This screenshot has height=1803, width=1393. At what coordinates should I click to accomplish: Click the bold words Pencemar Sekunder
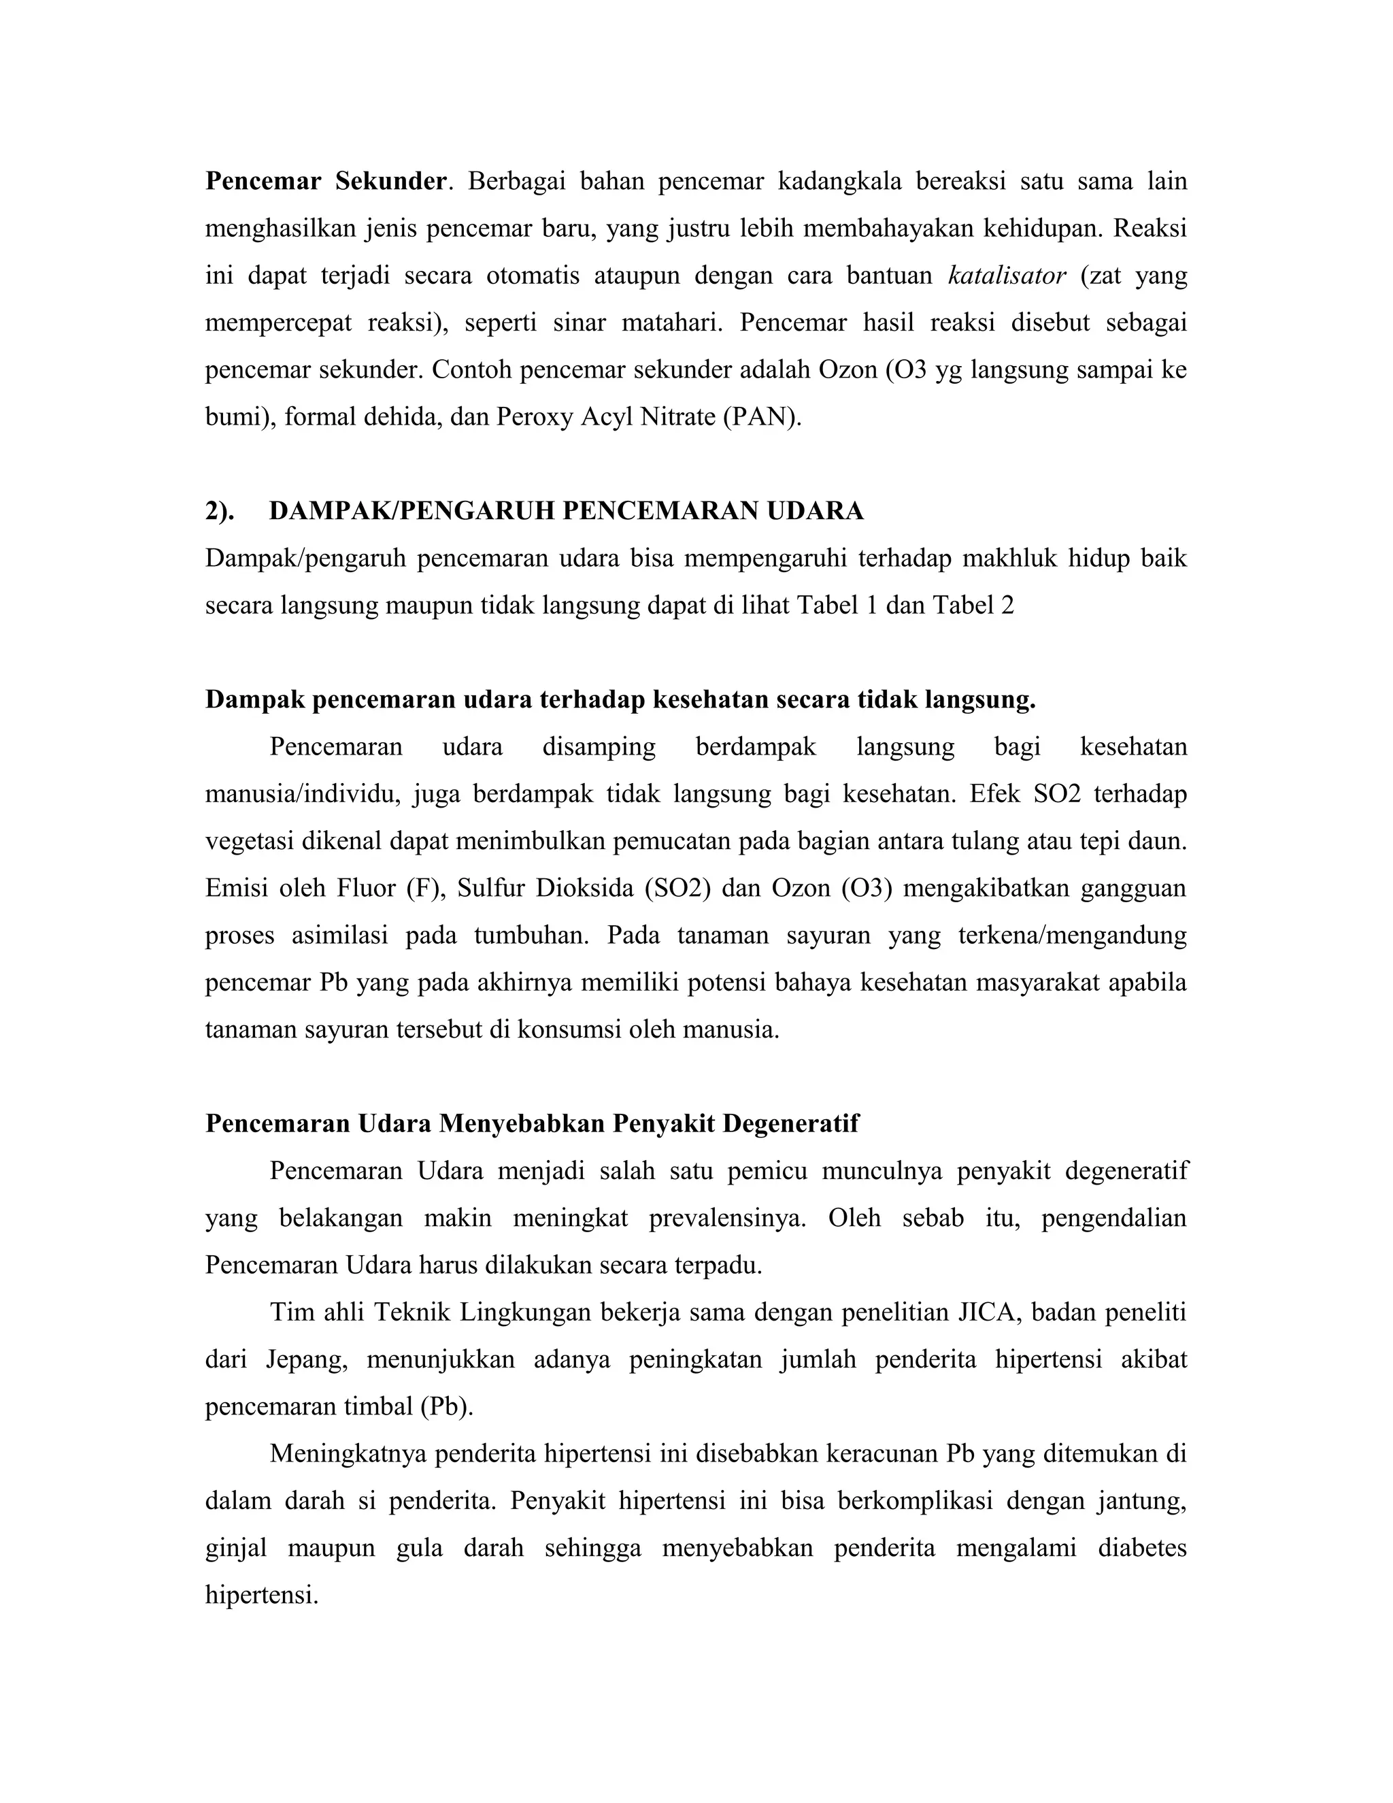point(326,182)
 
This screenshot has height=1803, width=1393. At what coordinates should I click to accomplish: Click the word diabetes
point(1142,1548)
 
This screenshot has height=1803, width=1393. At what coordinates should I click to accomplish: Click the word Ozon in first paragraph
point(847,370)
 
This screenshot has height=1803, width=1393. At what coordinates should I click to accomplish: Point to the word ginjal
point(236,1548)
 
